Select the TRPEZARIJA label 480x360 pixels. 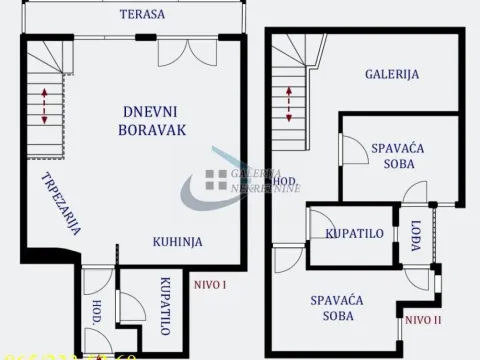[x=61, y=203]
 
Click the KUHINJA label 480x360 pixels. [x=178, y=242]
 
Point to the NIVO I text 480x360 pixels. [x=210, y=285]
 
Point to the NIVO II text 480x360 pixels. [x=425, y=320]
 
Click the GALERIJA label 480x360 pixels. [x=391, y=74]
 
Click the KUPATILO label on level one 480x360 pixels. [x=164, y=306]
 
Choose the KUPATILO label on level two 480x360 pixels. [x=355, y=234]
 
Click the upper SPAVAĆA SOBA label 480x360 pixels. [x=398, y=156]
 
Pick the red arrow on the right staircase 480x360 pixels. [x=290, y=104]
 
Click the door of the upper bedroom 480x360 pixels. [x=353, y=150]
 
